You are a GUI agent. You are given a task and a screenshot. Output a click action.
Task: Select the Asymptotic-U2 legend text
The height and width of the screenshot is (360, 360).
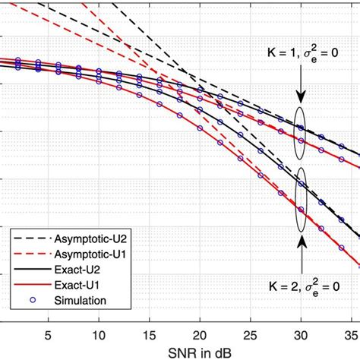click(86, 237)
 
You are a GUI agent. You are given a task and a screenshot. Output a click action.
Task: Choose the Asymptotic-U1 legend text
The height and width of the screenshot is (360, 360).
click(86, 253)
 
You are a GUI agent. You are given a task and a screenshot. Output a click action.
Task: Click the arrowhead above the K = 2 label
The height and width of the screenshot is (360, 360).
click(302, 236)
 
